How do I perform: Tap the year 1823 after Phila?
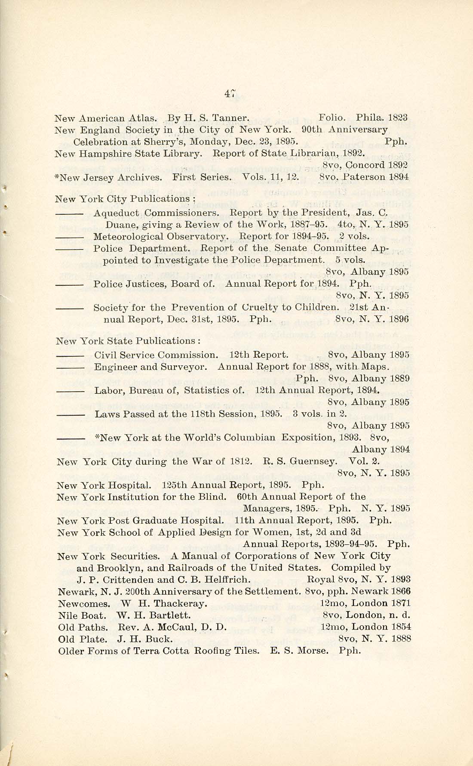pyautogui.click(x=398, y=117)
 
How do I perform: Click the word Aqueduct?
pyautogui.click(x=116, y=213)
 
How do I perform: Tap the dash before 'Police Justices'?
pyautogui.click(x=69, y=284)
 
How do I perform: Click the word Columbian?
pyautogui.click(x=252, y=438)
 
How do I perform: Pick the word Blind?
pyautogui.click(x=212, y=497)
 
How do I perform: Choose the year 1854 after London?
pyautogui.click(x=400, y=627)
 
